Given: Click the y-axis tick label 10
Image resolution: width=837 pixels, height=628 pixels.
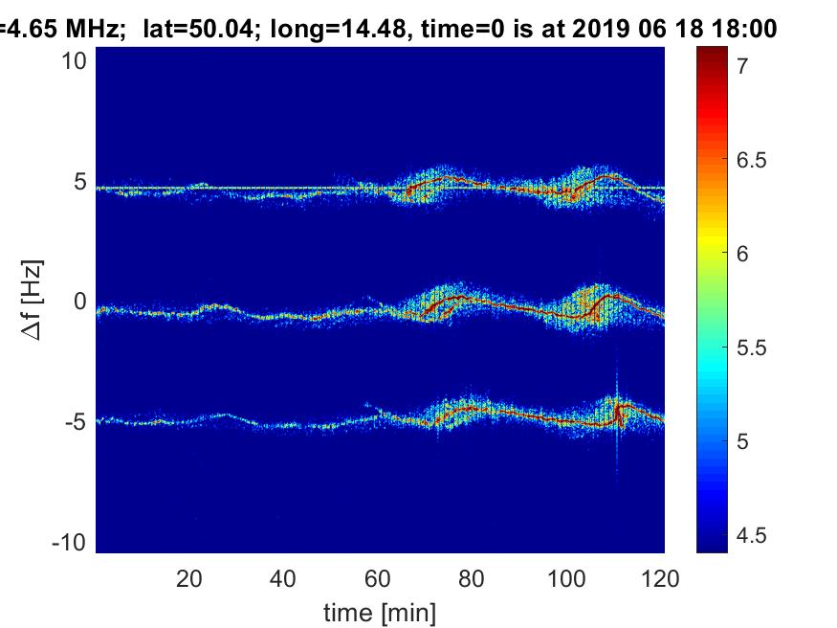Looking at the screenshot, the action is point(74,61).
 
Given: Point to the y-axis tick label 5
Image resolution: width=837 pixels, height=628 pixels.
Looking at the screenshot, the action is point(80,182).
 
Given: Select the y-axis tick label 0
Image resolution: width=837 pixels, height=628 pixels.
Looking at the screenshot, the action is point(80,302).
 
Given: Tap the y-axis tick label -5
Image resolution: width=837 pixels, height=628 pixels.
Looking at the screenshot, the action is point(76,422).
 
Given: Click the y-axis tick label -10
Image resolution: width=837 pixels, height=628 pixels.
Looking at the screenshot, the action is point(70,543).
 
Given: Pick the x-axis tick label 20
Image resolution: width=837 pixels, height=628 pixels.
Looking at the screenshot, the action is point(189,578).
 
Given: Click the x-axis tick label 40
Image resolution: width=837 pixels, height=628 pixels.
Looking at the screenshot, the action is point(283,578).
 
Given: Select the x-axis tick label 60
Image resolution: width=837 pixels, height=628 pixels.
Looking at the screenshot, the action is point(378,578).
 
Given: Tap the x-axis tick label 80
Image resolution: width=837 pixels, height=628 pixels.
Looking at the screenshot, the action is point(472,578).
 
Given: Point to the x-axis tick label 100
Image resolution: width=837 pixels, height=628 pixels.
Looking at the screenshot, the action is point(566,578).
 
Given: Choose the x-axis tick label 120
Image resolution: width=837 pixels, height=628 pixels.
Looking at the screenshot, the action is point(660,578).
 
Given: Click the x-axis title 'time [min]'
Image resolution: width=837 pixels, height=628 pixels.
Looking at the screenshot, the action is point(380,613).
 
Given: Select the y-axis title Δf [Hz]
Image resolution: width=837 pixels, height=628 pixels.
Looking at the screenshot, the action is point(33,300).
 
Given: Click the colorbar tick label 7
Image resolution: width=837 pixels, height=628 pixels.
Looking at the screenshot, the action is point(742,66).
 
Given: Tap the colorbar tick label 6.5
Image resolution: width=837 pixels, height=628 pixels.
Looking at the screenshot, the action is point(751,160).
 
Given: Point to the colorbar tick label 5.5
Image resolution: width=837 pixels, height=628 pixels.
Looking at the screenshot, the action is point(751,348).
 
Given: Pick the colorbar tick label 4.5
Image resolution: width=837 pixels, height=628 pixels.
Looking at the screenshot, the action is point(751,535).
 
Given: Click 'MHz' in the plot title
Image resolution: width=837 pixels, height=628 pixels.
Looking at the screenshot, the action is point(92,28).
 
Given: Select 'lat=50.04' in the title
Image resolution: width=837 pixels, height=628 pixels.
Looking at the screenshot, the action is point(198,29).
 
